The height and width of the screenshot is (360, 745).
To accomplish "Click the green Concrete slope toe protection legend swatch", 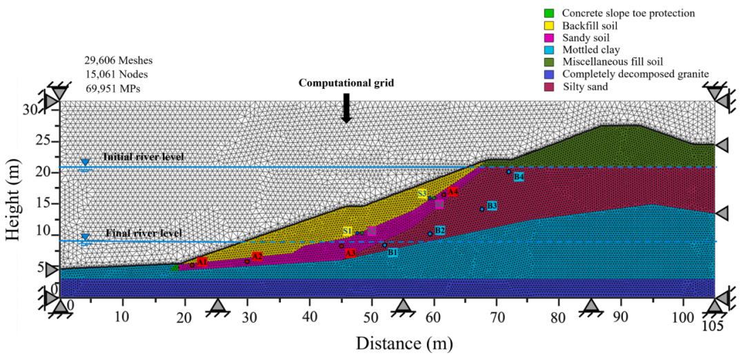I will tap(549, 13).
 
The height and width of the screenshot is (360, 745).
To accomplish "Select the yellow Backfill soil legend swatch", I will tap(549, 26).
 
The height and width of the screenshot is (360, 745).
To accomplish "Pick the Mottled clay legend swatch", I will tap(549, 50).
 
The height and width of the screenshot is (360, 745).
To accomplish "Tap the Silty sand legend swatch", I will tap(549, 86).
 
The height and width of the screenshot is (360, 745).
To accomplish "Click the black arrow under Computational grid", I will tap(346, 109).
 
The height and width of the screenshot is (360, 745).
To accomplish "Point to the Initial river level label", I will tap(143, 157).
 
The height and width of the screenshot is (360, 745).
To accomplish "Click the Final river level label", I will tap(143, 233).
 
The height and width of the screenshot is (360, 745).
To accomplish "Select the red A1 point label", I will tap(202, 262).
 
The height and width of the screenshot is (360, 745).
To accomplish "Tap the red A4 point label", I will tap(453, 192).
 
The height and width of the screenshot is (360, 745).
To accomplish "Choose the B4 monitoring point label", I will tap(519, 177).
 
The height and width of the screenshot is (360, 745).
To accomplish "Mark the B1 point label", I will tap(393, 252).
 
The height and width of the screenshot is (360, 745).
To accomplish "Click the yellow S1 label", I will tap(348, 231).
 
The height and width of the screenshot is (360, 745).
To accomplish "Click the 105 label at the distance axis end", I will tap(715, 324).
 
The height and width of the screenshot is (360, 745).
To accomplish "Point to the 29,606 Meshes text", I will tap(118, 61).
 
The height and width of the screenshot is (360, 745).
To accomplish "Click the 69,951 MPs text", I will tap(115, 88).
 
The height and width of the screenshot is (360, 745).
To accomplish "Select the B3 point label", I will tap(492, 206).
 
